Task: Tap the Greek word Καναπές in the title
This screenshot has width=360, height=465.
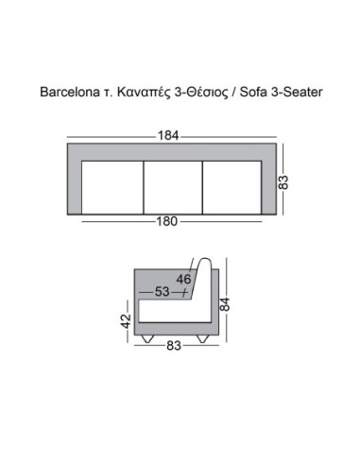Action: (x=143, y=95)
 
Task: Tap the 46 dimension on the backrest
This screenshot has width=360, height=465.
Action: (x=183, y=279)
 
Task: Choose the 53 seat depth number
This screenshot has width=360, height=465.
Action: (x=163, y=292)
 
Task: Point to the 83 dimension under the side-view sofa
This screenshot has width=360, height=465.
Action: (x=174, y=346)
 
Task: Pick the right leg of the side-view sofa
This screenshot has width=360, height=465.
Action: (x=201, y=336)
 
